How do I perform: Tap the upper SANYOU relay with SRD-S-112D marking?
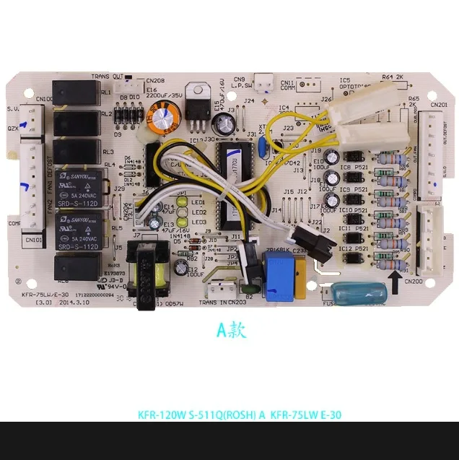(77, 186)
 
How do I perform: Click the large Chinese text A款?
(232, 330)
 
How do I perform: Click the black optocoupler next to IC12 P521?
(354, 256)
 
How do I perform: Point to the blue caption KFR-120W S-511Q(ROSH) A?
(201, 415)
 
